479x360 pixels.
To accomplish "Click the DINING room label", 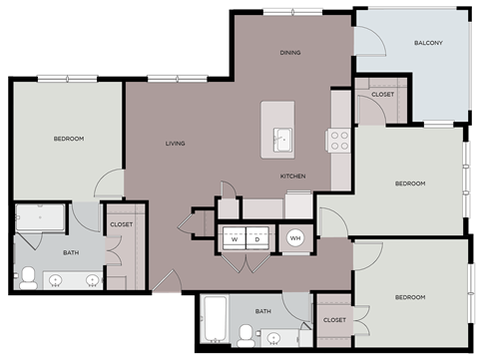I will [290, 53].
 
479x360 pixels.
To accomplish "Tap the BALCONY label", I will [428, 44].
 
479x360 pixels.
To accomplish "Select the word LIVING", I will [176, 144].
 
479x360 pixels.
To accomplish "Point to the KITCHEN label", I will [292, 177].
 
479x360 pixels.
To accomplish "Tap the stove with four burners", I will [338, 140].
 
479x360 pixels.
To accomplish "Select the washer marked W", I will [234, 239].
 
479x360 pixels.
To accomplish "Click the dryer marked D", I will [257, 239].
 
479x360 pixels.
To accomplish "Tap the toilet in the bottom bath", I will [244, 332].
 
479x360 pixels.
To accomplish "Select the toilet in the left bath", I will [29, 277].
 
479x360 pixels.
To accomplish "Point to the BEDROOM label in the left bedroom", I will [68, 139].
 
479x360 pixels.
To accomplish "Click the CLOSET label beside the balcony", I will [382, 95].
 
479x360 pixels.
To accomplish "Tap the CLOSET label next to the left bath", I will [122, 225].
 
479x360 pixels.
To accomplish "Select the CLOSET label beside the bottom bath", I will [334, 320].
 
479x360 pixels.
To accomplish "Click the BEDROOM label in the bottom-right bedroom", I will [409, 297].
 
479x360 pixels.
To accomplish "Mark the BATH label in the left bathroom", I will [71, 253].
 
